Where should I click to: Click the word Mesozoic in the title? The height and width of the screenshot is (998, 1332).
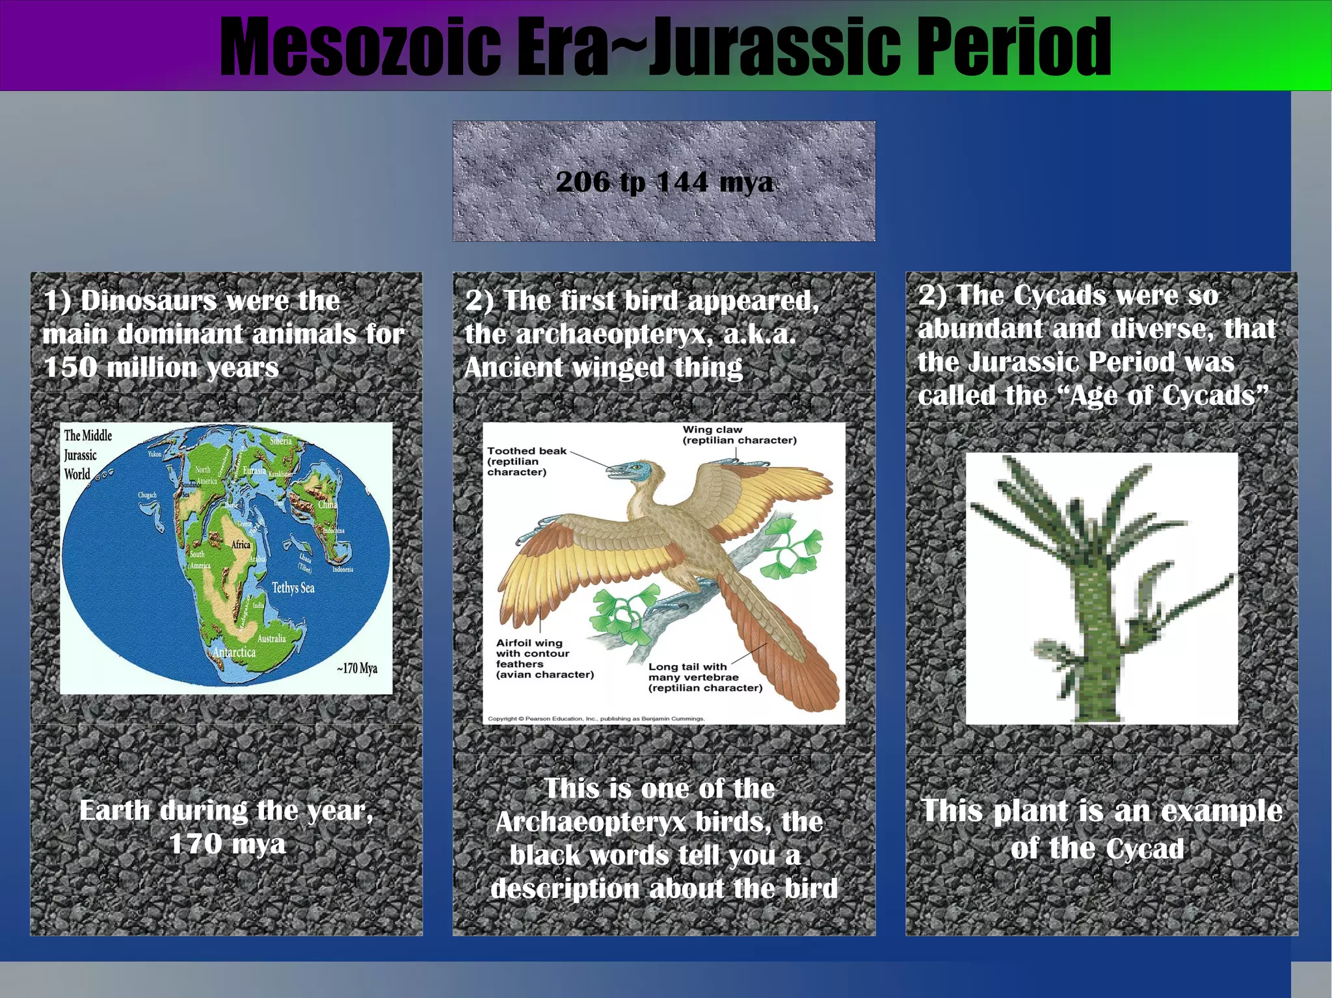360,47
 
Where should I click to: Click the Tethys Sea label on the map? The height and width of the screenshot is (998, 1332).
293,588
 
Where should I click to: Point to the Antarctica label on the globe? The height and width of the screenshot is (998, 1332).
234,651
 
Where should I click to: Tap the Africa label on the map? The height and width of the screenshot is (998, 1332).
241,544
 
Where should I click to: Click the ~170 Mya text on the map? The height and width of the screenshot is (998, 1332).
357,668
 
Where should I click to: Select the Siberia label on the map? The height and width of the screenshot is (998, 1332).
281,441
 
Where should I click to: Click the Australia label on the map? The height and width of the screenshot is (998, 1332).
271,638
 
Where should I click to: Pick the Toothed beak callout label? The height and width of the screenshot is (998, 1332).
526,461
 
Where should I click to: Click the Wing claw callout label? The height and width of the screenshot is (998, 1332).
739,434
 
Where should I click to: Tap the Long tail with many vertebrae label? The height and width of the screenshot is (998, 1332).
705,677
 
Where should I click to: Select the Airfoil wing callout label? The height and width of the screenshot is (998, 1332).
544,659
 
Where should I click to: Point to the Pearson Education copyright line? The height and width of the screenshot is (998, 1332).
596,718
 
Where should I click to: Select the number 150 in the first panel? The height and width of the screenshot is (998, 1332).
70,368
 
